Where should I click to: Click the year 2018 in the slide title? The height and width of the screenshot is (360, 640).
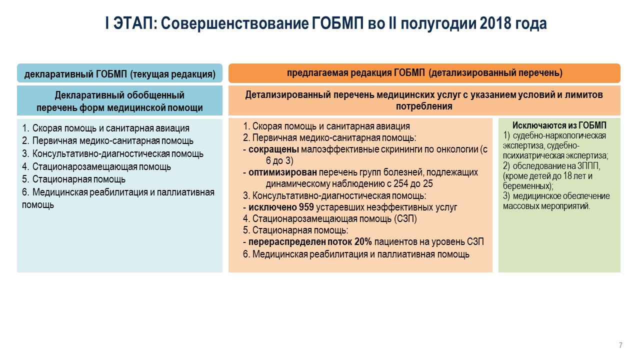495,23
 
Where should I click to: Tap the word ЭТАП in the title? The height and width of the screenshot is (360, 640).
133,23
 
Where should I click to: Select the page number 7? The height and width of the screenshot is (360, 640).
620,345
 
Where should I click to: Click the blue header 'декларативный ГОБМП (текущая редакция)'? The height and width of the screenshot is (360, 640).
119,73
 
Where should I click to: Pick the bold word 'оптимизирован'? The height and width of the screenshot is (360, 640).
282,172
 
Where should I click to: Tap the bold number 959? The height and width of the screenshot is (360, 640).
306,207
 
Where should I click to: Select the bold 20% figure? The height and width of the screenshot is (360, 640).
363,241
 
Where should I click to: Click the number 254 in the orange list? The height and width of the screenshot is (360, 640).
401,183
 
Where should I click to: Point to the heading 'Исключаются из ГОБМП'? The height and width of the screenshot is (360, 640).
559,125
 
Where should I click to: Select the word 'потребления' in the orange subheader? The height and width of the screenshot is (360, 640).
424,106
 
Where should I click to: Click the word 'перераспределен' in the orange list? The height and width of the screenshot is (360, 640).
287,241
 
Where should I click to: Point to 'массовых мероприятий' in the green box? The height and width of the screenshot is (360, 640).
546,206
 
